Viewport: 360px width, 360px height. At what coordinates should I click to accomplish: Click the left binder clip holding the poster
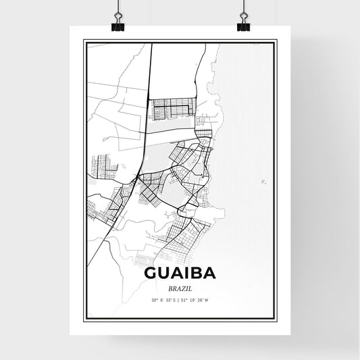(118, 22)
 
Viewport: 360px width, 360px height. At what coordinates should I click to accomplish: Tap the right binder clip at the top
(242, 22)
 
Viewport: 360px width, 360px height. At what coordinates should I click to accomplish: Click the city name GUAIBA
(180, 274)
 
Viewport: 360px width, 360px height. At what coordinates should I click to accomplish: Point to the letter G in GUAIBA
(152, 274)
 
